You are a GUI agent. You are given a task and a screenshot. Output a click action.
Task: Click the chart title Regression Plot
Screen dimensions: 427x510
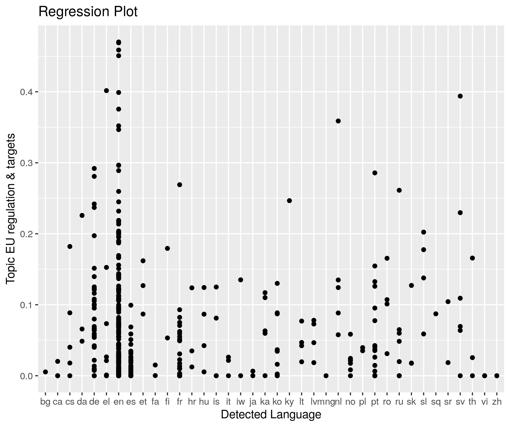tap(88, 12)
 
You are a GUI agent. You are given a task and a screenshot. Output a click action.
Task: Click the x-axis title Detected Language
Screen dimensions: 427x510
tap(271, 414)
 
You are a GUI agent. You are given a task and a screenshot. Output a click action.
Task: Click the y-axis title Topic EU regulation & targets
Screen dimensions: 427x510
tap(11, 208)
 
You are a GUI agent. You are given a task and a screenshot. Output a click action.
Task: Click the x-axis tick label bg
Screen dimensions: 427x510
tap(45, 402)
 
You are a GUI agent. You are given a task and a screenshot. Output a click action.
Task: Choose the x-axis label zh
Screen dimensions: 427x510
tap(497, 402)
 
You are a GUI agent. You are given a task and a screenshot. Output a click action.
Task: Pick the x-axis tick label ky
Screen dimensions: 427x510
tap(289, 402)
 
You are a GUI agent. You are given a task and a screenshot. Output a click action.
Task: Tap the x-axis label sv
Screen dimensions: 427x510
tap(460, 402)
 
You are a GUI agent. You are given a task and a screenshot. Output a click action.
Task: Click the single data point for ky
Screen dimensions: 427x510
tap(289, 201)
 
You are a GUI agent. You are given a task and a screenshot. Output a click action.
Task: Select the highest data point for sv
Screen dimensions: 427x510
tap(460, 96)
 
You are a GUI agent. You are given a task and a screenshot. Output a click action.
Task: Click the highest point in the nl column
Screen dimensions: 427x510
tap(338, 121)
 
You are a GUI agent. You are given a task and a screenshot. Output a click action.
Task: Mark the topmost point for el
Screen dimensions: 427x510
tap(106, 91)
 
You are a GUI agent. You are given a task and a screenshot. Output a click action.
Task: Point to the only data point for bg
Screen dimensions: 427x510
tap(45, 372)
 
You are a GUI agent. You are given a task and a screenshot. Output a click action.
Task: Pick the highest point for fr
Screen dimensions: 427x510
tap(179, 185)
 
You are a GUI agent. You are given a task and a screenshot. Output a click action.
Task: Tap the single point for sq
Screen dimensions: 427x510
tap(436, 314)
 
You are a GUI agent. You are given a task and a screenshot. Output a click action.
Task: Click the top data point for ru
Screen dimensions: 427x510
tap(399, 190)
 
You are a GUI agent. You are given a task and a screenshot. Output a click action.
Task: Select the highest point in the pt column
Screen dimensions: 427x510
tap(375, 173)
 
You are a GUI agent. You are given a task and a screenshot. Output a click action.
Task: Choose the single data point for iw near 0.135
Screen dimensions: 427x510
tap(240, 280)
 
